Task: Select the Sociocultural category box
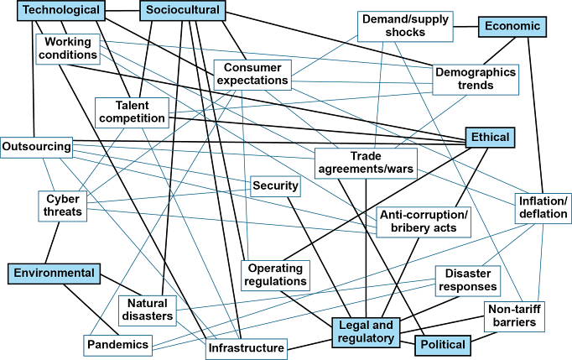(x=182, y=11)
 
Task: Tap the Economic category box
(x=512, y=26)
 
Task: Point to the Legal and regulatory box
(x=365, y=332)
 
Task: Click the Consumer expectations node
(x=252, y=74)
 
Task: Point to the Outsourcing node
(x=36, y=147)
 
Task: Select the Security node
(x=275, y=186)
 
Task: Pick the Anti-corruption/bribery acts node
(x=423, y=222)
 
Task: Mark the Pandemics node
(x=117, y=344)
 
